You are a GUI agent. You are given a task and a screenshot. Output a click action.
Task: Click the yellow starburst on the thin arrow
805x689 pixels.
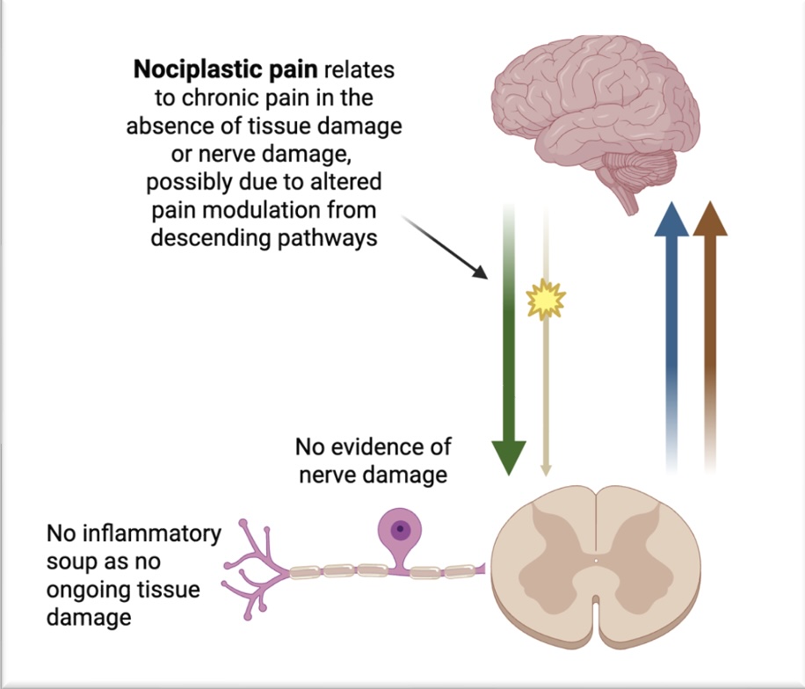(545, 301)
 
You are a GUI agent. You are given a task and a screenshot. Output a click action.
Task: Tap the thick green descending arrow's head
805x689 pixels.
(508, 456)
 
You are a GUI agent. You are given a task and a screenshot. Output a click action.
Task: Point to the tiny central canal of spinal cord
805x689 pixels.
(595, 558)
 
